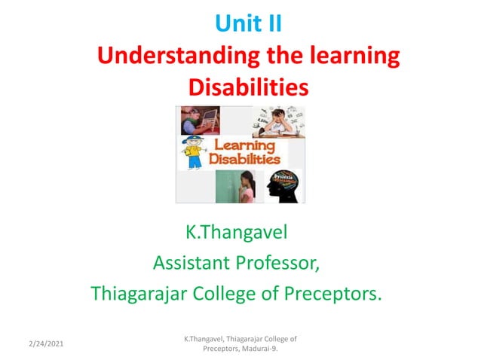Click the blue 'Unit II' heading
pos(248,25)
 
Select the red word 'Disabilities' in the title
pos(248,87)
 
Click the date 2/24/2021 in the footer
pos(45,343)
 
